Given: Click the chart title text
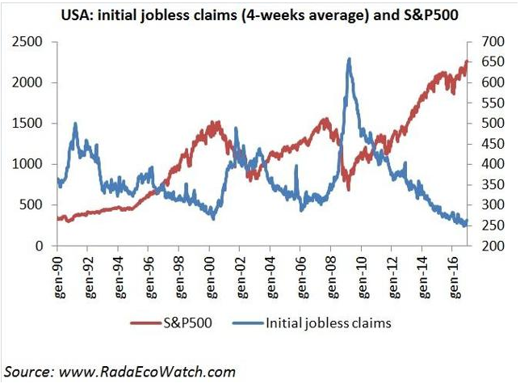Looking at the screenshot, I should point(260,14).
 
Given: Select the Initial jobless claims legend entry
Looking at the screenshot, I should point(327,323).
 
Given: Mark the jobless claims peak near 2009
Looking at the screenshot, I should point(348,59).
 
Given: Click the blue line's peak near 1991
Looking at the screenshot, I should point(75,124).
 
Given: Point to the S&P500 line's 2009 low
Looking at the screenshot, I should point(348,188).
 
